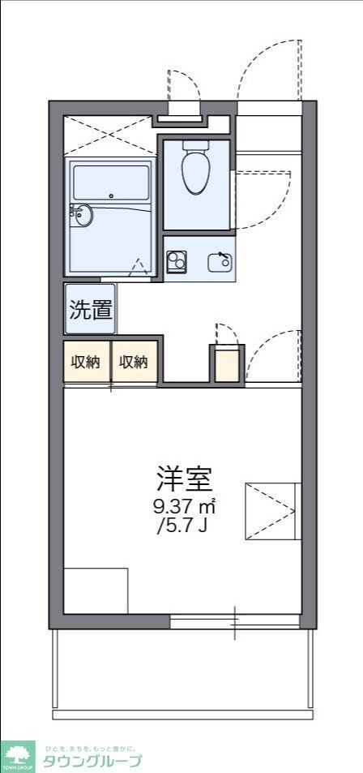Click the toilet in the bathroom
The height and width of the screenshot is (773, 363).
pos(195,173)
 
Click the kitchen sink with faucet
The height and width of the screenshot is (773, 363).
pos(220,261)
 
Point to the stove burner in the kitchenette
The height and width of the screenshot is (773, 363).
pos(176,261)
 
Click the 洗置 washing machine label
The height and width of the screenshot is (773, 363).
pos(90,309)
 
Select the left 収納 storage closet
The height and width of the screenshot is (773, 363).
pos(87,362)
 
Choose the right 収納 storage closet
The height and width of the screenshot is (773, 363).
pos(135,362)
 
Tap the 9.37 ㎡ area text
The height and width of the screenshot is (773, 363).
pos(184,507)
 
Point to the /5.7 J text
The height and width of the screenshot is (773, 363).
pos(184,527)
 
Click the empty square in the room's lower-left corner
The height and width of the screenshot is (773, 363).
pos(96,590)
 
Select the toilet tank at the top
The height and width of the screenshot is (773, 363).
pos(195,145)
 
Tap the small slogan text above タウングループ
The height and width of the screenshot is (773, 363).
pos(90,747)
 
